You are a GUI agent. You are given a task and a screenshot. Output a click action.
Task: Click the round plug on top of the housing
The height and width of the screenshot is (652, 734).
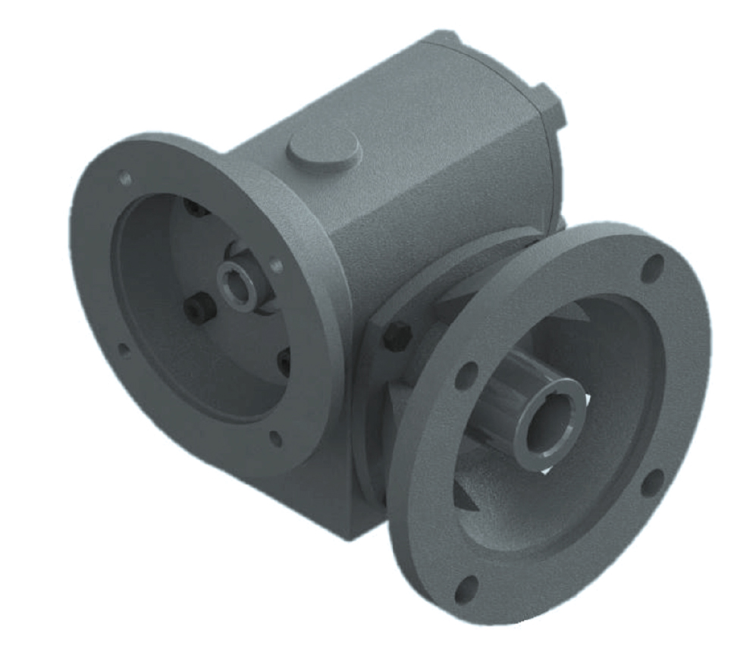pyautogui.click(x=323, y=149)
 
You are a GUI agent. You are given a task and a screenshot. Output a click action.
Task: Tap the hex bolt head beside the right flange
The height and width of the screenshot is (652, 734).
pyautogui.click(x=397, y=334)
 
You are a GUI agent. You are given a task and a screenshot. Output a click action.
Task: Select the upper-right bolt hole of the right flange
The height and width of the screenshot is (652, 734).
pyautogui.click(x=652, y=268)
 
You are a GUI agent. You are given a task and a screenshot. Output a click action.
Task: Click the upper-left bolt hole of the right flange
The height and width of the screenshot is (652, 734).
pyautogui.click(x=466, y=375)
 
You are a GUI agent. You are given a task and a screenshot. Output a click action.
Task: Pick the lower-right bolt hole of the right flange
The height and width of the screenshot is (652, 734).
pyautogui.click(x=651, y=482)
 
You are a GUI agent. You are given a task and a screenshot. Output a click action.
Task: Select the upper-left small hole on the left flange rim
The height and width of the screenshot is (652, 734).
pyautogui.click(x=125, y=179)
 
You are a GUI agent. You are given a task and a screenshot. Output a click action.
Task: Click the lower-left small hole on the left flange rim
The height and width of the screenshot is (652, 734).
pyautogui.click(x=124, y=350)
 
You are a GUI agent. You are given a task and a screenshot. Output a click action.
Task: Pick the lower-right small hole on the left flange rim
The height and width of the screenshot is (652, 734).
pyautogui.click(x=276, y=438)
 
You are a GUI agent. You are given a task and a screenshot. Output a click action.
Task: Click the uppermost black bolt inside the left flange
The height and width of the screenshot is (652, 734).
pyautogui.click(x=199, y=206)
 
